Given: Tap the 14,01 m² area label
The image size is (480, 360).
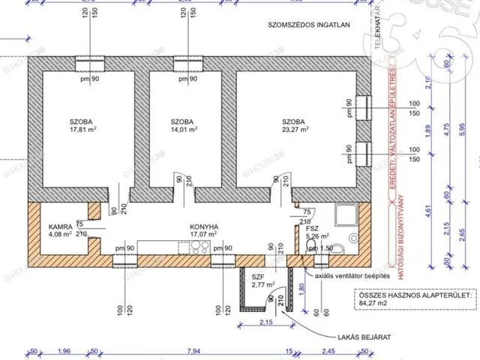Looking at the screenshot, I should click(183, 129).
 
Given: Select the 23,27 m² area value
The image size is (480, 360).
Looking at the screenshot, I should click(294, 129).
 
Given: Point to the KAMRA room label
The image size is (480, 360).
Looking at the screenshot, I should click(61, 226).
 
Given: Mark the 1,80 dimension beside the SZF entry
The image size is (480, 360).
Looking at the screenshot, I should click(301, 286).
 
